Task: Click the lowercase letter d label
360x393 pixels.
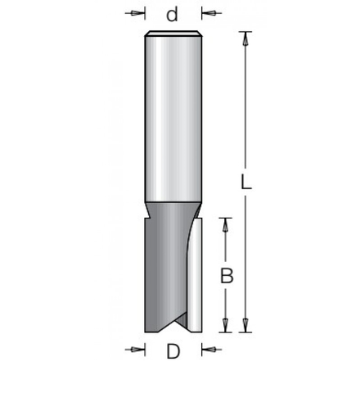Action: (172, 14)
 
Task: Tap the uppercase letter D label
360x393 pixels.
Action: (173, 353)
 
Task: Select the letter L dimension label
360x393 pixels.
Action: (246, 183)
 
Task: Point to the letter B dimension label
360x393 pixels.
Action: (228, 276)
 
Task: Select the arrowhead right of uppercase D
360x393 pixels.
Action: (206, 350)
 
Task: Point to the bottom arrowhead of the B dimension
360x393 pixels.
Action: (227, 326)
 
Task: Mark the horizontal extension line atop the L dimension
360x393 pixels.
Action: (245, 31)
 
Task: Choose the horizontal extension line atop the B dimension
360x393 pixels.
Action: (227, 218)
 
